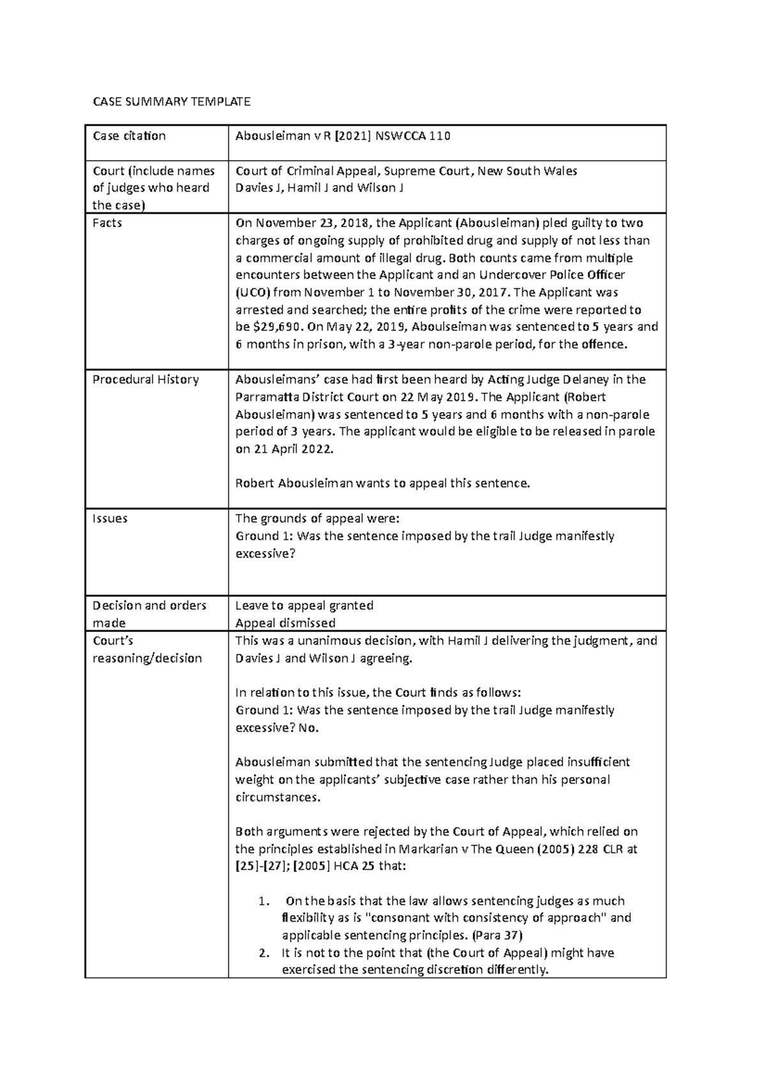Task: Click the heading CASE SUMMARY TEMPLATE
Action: pyautogui.click(x=172, y=101)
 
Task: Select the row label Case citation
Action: pyautogui.click(x=129, y=136)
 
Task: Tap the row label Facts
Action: pyautogui.click(x=107, y=223)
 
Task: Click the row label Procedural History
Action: pyautogui.click(x=146, y=379)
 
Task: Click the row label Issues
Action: pyautogui.click(x=110, y=519)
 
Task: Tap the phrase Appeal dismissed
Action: pyautogui.click(x=285, y=623)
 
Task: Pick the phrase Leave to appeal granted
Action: pyautogui.click(x=304, y=605)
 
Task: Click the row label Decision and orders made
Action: pyautogui.click(x=149, y=614)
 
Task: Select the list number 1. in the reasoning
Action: pyautogui.click(x=264, y=901)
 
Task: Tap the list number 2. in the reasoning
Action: pyautogui.click(x=264, y=954)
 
